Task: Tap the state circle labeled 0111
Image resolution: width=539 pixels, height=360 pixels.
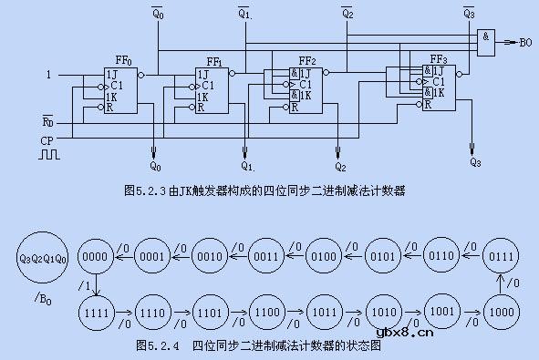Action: click(501, 257)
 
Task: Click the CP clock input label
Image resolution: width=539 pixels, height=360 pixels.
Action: click(47, 140)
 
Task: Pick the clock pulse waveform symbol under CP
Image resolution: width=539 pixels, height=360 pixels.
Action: click(47, 155)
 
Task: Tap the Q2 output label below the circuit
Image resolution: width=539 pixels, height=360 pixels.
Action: click(340, 166)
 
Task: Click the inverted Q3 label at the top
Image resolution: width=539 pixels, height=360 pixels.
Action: click(469, 14)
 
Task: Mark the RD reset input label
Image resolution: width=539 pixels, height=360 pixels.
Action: click(47, 120)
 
